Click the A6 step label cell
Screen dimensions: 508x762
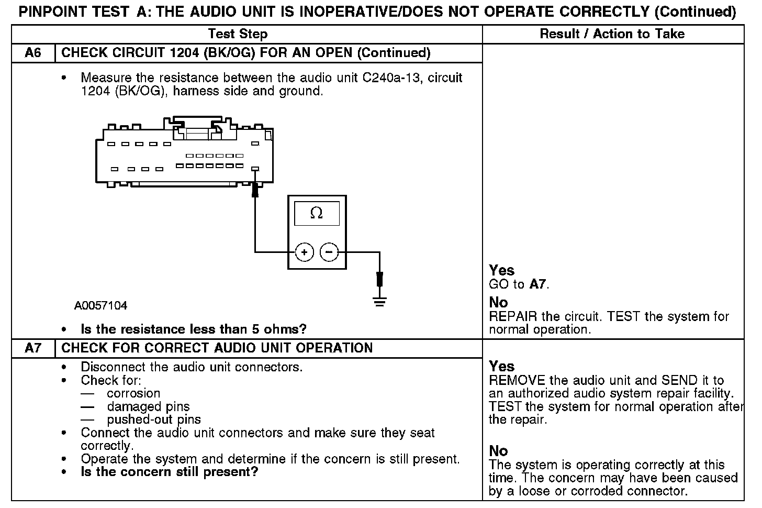(33, 53)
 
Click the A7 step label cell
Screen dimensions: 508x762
(33, 348)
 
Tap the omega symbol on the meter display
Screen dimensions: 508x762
(317, 213)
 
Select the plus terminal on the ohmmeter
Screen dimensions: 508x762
(304, 252)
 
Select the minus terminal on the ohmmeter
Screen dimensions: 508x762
(329, 252)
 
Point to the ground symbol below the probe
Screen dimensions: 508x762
(380, 301)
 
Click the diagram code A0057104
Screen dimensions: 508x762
(100, 306)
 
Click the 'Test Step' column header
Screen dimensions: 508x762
(238, 34)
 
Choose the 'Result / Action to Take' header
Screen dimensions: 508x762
(612, 34)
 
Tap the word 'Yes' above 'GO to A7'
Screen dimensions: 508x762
(501, 270)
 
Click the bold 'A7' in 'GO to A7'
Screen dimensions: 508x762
(537, 284)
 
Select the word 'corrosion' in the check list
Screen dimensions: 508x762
(133, 393)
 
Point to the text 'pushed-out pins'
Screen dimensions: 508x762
(154, 419)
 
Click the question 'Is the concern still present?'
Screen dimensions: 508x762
(170, 472)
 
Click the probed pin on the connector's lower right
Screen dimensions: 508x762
(255, 169)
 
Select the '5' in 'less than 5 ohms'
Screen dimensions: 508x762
(261, 329)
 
